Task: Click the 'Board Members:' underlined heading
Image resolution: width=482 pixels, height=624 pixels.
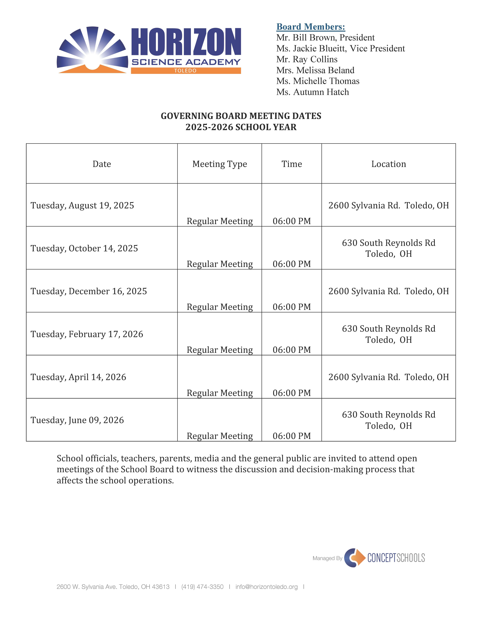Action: pos(311,27)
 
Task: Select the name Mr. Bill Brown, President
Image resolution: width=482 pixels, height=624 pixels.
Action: pos(325,38)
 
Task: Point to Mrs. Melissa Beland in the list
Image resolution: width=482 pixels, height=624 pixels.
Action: pos(315,70)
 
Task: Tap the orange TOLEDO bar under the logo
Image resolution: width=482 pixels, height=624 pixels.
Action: pos(186,71)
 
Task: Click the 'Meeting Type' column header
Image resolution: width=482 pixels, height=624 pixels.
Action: pos(220,164)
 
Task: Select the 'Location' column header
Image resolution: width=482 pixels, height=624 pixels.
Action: pos(388,164)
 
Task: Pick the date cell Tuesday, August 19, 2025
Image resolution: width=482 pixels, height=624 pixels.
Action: pos(82,205)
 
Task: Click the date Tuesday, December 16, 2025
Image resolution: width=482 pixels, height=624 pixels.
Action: pos(89,291)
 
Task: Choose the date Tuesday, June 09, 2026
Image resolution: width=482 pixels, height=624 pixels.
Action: pos(77,420)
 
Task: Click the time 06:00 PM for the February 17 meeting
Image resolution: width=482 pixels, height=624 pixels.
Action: pos(292,350)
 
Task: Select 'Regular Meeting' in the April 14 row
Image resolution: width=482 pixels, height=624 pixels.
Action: pos(220,393)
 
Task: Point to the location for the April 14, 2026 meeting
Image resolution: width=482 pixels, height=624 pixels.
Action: pos(388,377)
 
